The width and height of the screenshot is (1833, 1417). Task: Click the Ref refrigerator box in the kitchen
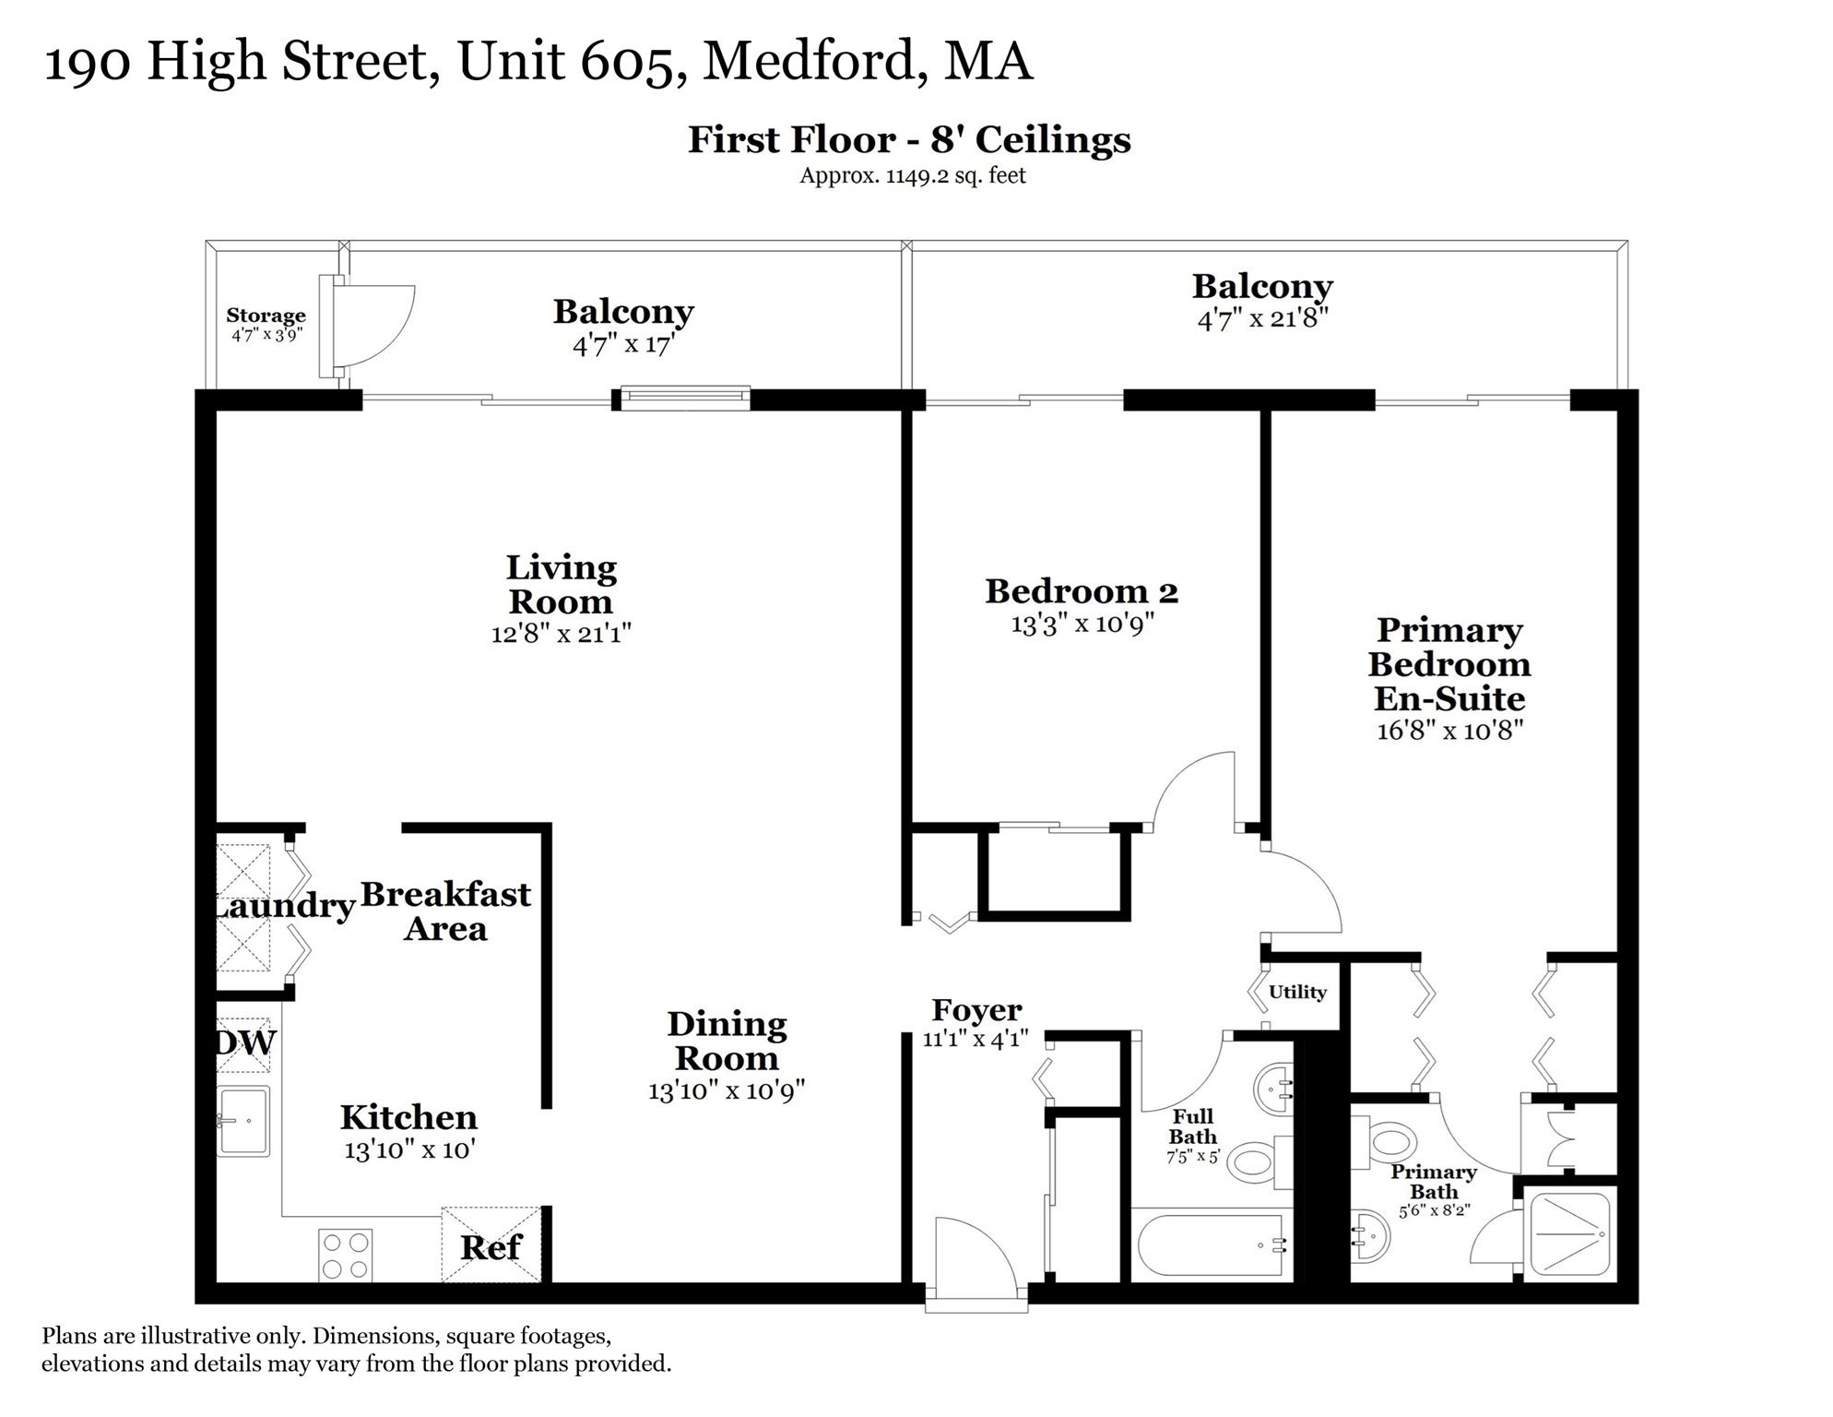point(491,1244)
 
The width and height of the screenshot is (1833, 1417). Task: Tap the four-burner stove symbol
point(345,1256)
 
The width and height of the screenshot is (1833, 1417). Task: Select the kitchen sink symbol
point(243,1121)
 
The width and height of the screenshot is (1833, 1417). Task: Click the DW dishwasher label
point(245,1042)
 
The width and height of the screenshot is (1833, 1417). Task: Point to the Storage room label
point(266,316)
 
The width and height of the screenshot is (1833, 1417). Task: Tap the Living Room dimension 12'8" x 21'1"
point(561,634)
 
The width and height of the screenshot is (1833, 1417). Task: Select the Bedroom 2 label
point(1081,591)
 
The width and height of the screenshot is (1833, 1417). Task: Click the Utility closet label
point(1297,992)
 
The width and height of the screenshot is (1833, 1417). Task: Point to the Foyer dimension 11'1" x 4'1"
point(976,1039)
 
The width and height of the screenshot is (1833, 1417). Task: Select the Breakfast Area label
point(445,911)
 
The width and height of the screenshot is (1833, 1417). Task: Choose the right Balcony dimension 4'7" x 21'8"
point(1261,319)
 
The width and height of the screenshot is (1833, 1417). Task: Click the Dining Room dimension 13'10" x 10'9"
point(727,1090)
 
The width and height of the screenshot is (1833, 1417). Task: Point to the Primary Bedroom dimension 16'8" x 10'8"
point(1449,731)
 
